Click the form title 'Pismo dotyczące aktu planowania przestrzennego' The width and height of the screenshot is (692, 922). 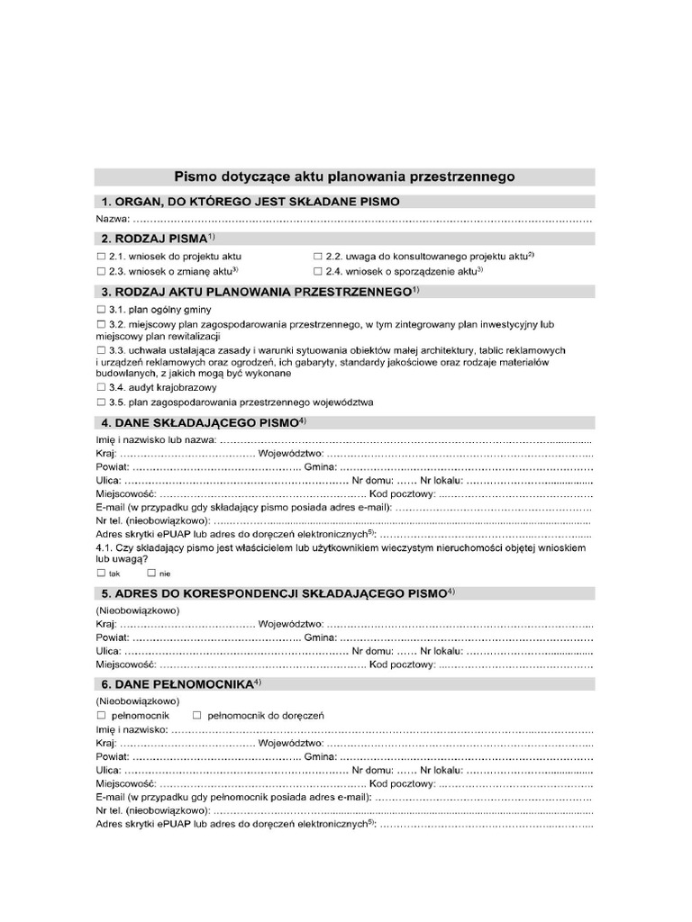click(344, 177)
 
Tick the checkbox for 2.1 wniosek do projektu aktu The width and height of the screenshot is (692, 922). click(100, 257)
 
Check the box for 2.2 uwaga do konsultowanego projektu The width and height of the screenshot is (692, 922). click(317, 257)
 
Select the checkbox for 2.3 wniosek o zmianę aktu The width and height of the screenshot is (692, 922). click(100, 271)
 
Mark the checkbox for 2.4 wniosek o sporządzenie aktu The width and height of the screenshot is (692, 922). click(317, 271)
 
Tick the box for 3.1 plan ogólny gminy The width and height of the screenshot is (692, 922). click(100, 310)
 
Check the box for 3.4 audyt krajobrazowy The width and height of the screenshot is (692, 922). click(100, 388)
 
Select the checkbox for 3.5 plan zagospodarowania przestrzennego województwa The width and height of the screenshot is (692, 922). click(100, 402)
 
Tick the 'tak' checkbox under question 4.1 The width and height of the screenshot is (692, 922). click(100, 573)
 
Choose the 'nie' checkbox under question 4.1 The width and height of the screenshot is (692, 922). click(151, 573)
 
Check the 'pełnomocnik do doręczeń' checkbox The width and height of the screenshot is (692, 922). click(197, 716)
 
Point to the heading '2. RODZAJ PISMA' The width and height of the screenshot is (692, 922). click(155, 239)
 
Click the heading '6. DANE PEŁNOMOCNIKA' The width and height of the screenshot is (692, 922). click(176, 684)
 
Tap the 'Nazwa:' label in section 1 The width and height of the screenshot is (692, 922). click(112, 220)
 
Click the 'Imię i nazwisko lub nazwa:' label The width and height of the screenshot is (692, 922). click(155, 439)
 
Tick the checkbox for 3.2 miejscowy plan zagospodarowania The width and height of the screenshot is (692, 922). click(100, 324)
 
